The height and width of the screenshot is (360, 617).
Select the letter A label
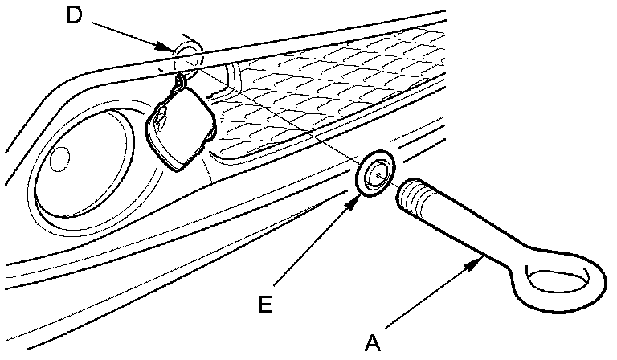(371, 343)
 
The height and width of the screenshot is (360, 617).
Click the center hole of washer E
(377, 170)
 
